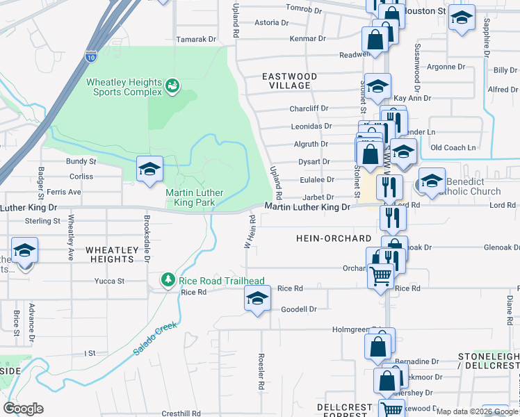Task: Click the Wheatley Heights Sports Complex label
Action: click(x=124, y=87)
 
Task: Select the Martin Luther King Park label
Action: click(x=189, y=197)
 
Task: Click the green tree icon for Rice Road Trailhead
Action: click(x=168, y=280)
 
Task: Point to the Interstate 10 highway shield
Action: click(x=92, y=56)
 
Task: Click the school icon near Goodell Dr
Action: click(x=257, y=300)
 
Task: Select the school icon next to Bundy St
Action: click(x=149, y=169)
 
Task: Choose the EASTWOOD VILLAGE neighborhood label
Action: click(x=289, y=81)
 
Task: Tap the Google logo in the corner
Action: click(x=23, y=409)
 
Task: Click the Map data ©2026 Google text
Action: click(x=477, y=411)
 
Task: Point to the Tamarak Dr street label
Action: click(x=197, y=40)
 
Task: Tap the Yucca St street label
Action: click(x=109, y=281)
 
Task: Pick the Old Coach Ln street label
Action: click(x=453, y=147)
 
